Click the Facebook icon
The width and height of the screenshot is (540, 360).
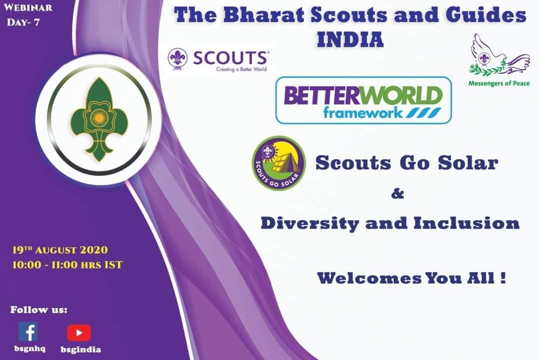28,331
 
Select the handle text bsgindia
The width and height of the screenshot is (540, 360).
80,349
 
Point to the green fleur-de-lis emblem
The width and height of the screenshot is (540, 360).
99,119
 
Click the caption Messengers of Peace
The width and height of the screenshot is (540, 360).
499,83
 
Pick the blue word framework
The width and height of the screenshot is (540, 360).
362,112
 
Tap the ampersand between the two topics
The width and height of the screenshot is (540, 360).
397,194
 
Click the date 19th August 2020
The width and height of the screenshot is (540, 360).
60,249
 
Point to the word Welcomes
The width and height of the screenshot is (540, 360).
369,278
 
